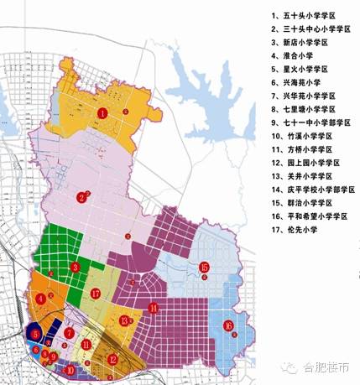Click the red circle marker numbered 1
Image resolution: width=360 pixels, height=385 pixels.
[x=102, y=112]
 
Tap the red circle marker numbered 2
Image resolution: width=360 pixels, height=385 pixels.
[x=81, y=198]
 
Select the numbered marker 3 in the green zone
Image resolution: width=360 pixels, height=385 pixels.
[x=75, y=267]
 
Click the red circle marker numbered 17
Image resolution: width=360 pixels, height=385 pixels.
[x=97, y=294]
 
